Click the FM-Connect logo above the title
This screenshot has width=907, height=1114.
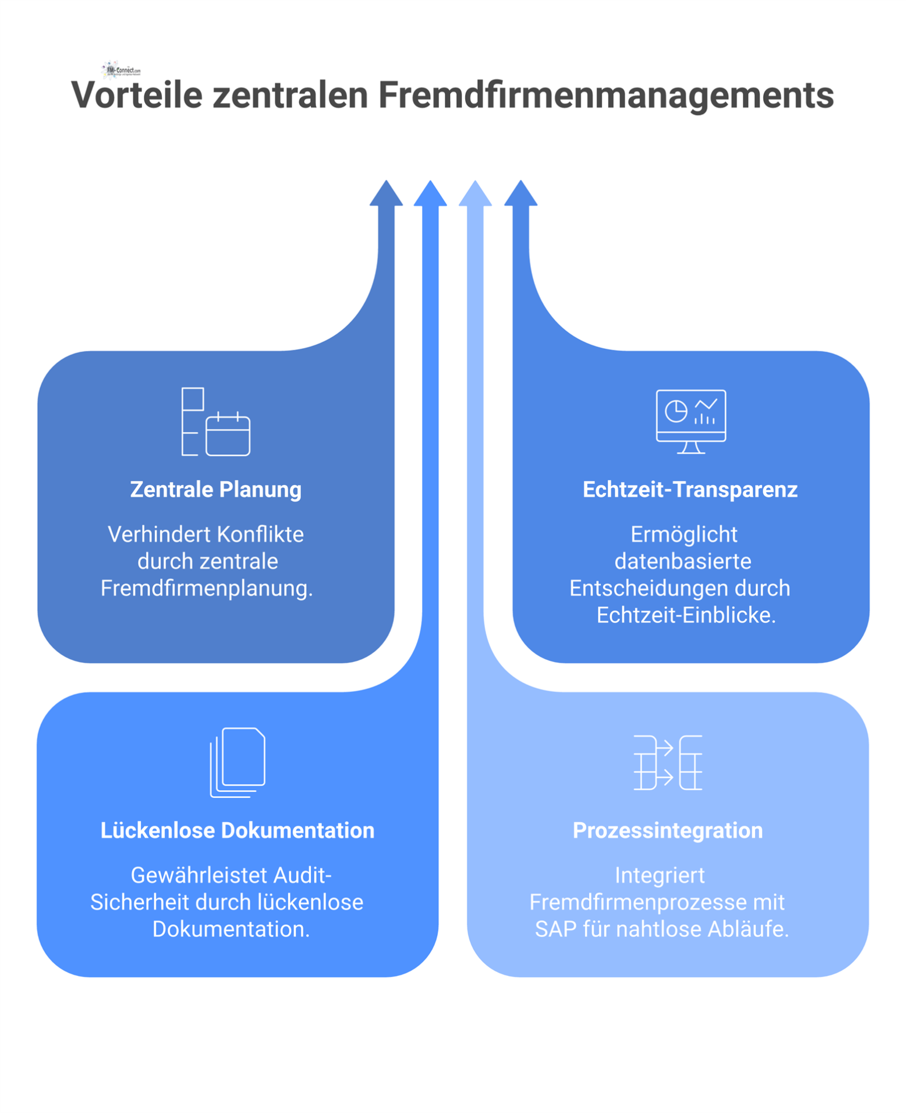(x=121, y=70)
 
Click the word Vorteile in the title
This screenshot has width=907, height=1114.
(x=136, y=95)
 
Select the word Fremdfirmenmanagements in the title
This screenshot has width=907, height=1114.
(x=605, y=95)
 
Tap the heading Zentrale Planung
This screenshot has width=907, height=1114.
(x=215, y=489)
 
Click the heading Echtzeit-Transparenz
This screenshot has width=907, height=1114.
(x=690, y=489)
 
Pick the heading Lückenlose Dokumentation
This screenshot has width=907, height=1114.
(x=237, y=830)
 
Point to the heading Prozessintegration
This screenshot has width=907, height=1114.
(x=667, y=830)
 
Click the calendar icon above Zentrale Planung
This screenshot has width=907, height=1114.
(x=228, y=434)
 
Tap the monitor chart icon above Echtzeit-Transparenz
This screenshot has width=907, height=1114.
(x=690, y=421)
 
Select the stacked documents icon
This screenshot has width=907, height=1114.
(x=238, y=762)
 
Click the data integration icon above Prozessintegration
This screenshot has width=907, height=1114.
(x=668, y=762)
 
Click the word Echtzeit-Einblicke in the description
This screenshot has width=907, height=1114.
(x=686, y=615)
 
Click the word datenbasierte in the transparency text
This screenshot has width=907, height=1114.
(x=683, y=561)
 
